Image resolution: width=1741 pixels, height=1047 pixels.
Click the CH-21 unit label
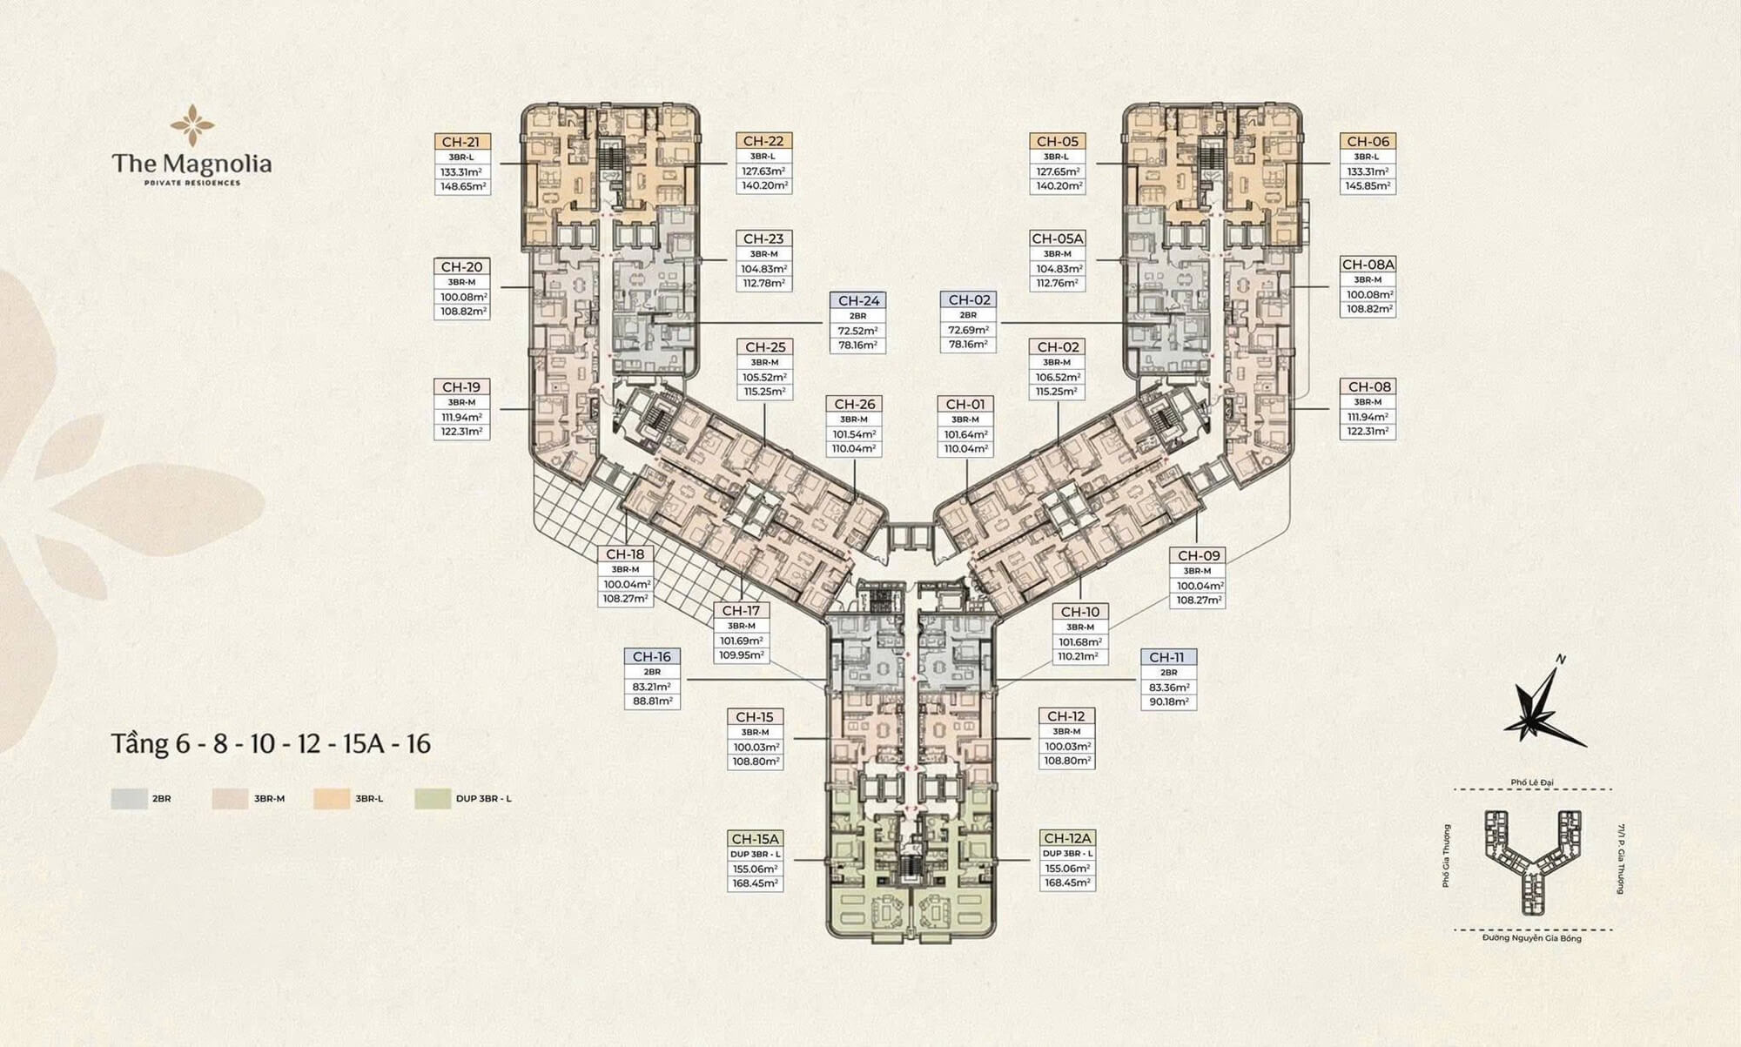pos(461,142)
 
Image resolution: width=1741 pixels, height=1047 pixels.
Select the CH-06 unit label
pos(1368,141)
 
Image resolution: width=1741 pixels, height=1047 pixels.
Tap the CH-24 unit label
pos(858,300)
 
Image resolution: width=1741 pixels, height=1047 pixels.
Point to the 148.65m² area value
pos(462,186)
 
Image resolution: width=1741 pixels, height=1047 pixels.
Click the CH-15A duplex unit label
pos(755,838)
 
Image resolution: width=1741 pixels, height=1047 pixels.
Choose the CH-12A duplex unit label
pos(1066,838)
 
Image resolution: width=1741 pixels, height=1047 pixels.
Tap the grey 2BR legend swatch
pos(129,798)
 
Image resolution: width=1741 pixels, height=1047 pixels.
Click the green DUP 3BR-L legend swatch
pos(433,798)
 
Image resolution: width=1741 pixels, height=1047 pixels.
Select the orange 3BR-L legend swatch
pos(332,798)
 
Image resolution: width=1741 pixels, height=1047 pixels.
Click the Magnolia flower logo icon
pos(192,125)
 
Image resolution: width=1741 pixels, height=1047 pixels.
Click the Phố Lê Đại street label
pos(1532,782)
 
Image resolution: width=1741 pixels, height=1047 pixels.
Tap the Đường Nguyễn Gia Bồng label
pos(1532,938)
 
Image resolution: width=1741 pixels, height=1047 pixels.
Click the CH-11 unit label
pos(1167,657)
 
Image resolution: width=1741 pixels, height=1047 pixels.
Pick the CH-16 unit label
pos(652,657)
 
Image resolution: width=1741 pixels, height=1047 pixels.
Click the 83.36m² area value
pos(1168,688)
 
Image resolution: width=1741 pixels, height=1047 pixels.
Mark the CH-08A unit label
pos(1368,265)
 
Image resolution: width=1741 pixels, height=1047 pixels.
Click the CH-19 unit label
pos(461,387)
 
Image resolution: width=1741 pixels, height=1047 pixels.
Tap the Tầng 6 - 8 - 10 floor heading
pos(271,744)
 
